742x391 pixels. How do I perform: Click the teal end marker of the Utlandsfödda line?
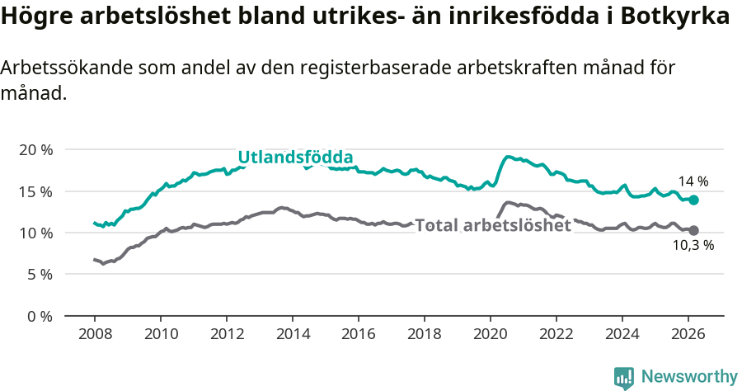coord(693,200)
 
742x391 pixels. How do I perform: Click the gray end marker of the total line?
coord(693,230)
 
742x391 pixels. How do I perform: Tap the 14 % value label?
coord(693,181)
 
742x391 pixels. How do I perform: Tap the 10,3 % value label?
coord(693,245)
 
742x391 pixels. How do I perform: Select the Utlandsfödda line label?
coord(295,157)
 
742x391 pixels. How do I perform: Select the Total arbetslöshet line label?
coord(492,225)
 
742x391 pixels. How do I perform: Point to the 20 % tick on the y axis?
coord(35,150)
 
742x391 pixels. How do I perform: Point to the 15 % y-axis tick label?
coord(35,191)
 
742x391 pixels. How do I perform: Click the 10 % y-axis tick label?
coord(35,233)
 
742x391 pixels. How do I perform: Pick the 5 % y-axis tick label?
coord(38,275)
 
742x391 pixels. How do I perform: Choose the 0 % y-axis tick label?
coord(38,316)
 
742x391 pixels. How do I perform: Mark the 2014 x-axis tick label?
coord(292,334)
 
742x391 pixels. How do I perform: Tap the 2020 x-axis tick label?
coord(490,334)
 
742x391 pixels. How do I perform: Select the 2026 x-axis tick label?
coord(688,334)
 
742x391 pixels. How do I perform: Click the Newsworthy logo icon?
coord(624,377)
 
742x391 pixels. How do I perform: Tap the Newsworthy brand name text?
coord(689,377)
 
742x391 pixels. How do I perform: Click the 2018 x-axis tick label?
coord(424,334)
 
